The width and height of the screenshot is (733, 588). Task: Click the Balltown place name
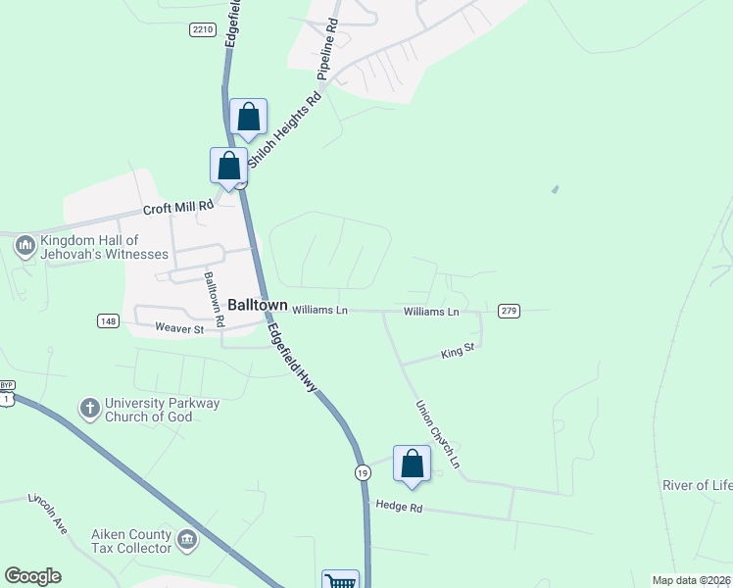(258, 305)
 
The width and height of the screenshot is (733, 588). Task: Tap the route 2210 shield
(203, 30)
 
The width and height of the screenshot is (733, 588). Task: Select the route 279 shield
(509, 311)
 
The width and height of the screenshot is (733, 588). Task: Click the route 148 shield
(109, 321)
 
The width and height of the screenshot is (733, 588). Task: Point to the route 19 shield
(363, 472)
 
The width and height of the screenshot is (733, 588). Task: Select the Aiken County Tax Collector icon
(186, 539)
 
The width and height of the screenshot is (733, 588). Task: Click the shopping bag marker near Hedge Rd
(412, 464)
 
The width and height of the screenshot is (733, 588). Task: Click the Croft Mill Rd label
(178, 207)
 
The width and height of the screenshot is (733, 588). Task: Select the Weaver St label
(177, 329)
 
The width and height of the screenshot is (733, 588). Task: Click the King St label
(458, 350)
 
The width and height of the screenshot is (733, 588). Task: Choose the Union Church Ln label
(437, 433)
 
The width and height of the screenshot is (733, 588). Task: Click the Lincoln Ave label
(48, 513)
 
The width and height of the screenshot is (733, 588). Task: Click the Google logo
(32, 576)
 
